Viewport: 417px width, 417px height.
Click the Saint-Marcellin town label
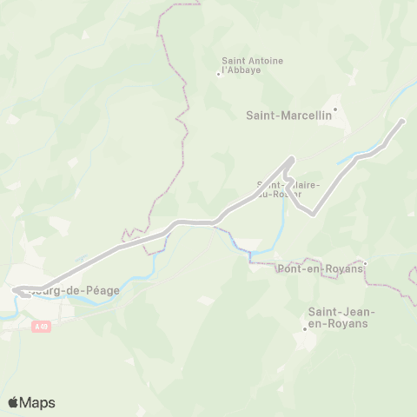tap(283, 113)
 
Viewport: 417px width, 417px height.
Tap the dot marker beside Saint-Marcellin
tap(335, 109)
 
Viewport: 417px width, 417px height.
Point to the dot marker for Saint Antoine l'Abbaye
tap(218, 74)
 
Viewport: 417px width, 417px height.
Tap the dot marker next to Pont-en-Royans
tap(366, 262)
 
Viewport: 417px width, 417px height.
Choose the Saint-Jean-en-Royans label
tap(338, 317)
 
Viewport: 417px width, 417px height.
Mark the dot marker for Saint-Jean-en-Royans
tap(305, 328)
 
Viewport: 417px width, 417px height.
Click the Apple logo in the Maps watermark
tap(13, 402)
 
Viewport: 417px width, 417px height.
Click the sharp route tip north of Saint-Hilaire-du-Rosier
tap(291, 158)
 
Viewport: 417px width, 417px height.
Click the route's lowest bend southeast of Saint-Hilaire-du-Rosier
tap(311, 213)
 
